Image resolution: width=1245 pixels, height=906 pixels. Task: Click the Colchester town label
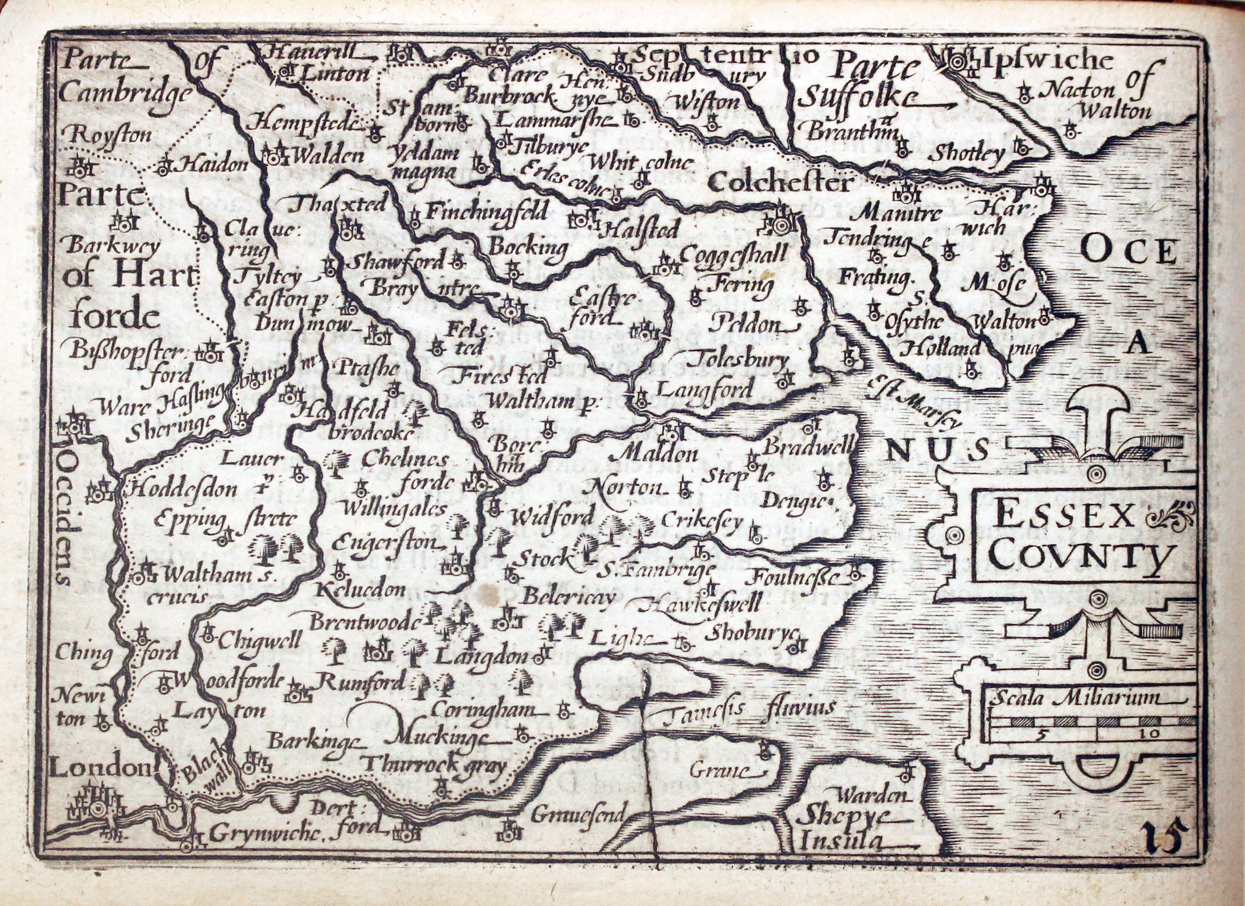(779, 183)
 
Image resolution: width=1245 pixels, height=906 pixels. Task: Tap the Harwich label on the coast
(994, 218)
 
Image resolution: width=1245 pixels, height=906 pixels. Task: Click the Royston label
(107, 134)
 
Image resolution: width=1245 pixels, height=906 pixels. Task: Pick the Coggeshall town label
(733, 254)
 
